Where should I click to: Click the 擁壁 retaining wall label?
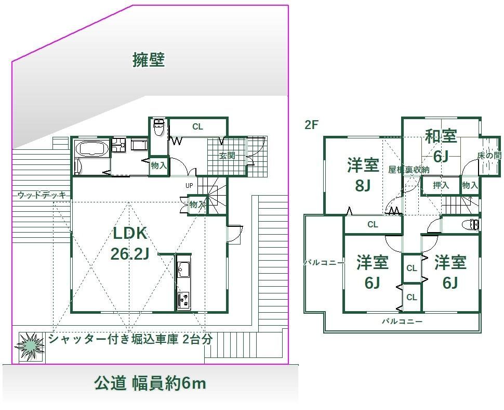(x=149, y=60)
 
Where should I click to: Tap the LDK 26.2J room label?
(x=130, y=243)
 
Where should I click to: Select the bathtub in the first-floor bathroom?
(x=91, y=149)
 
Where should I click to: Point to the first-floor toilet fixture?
(x=158, y=128)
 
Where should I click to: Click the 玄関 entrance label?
(x=227, y=156)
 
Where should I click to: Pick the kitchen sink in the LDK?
(x=183, y=269)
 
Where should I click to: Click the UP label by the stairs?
(x=189, y=186)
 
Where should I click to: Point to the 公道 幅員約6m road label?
(x=150, y=383)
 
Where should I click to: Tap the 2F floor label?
(x=311, y=125)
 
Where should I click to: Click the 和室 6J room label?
(x=441, y=146)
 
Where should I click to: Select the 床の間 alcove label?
(x=489, y=156)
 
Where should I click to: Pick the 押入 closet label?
(x=441, y=185)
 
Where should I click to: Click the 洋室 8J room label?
(x=363, y=175)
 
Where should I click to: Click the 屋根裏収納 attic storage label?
(x=408, y=170)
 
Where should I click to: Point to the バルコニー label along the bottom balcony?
(x=402, y=321)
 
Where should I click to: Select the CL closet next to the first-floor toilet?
(x=197, y=127)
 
